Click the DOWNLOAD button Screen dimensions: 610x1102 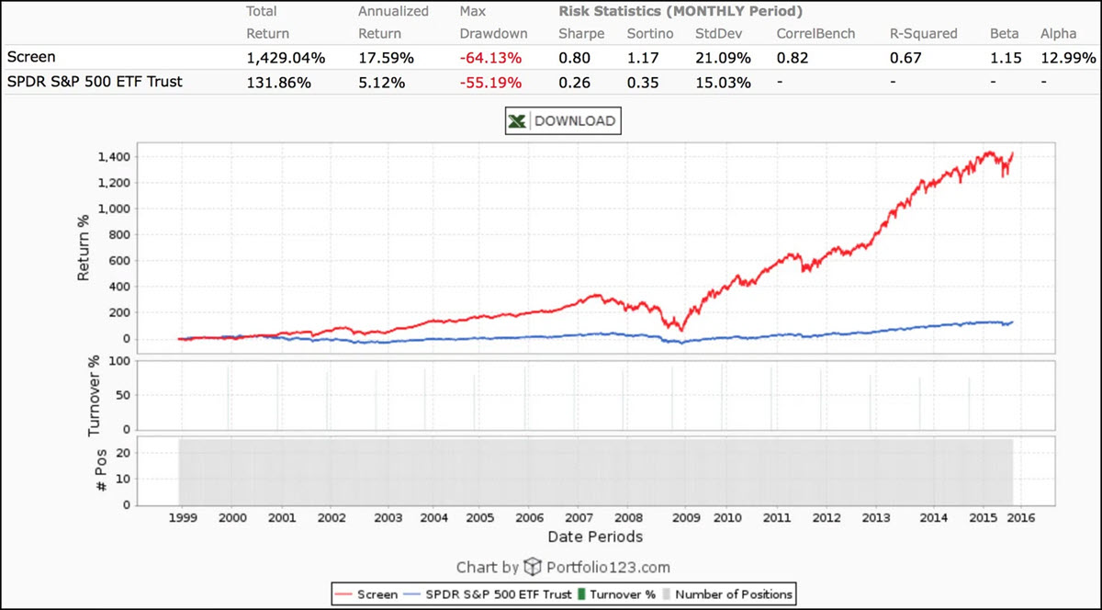point(563,121)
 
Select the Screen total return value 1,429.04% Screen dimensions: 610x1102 point(286,58)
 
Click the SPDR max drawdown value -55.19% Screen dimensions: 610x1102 point(490,82)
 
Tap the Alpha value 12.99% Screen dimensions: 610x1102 point(1068,58)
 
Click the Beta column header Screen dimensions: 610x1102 point(1005,34)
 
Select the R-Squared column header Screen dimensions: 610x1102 point(923,34)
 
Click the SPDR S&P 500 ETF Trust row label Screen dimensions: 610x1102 point(95,82)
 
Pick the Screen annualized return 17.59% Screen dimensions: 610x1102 point(386,58)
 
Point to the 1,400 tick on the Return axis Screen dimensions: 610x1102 point(115,156)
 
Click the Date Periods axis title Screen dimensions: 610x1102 point(594,537)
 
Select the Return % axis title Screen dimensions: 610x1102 point(84,243)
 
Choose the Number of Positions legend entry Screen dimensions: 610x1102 point(733,594)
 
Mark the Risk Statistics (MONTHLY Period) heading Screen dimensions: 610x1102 point(680,12)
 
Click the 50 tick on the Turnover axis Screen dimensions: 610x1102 point(121,395)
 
